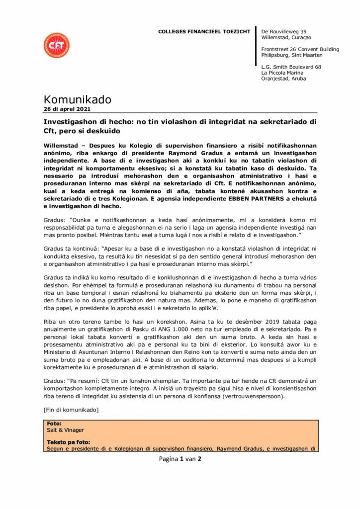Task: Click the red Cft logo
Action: pos(57,45)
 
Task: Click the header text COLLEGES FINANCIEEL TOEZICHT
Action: pos(204,32)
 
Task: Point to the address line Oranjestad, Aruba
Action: pos(284,79)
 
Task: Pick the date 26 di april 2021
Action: pos(67,109)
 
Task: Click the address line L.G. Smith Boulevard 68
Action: pos(291,67)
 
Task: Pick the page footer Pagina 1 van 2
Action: pos(180,459)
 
